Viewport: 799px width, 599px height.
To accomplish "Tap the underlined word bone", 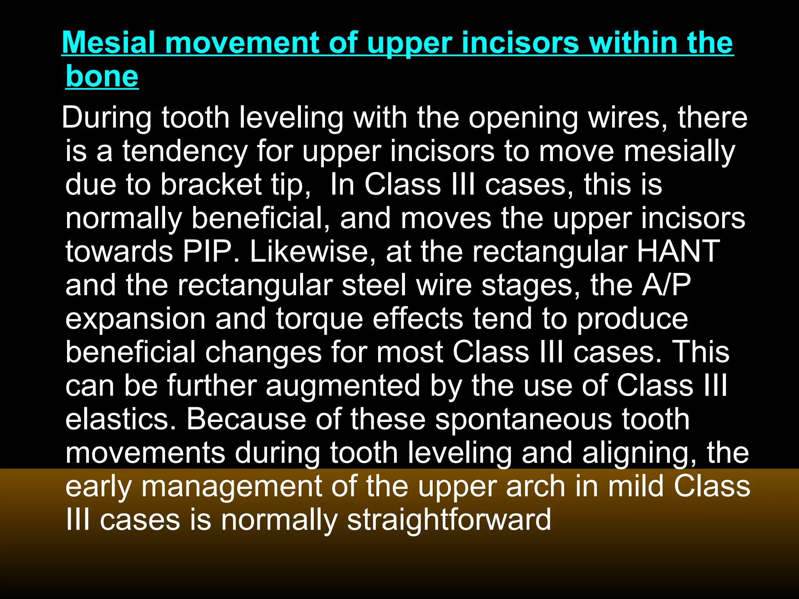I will click(102, 76).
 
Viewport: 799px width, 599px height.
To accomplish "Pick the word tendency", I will click(185, 151).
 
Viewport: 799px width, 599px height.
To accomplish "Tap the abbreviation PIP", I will click(206, 252).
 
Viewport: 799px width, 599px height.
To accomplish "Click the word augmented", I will click(343, 386).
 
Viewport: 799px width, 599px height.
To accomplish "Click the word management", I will click(232, 487).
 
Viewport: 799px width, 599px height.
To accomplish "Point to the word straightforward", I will click(449, 520).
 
